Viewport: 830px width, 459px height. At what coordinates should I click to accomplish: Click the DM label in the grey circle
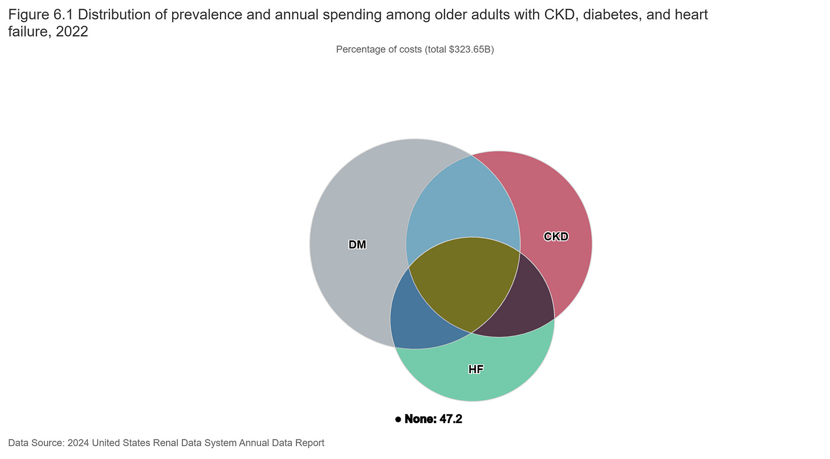click(x=357, y=245)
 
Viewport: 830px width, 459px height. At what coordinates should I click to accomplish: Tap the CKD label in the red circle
click(x=556, y=236)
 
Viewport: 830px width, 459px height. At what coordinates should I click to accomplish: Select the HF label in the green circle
click(x=476, y=370)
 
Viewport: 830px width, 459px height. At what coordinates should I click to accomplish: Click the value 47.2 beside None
click(x=451, y=420)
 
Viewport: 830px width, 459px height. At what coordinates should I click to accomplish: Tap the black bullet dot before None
click(x=398, y=420)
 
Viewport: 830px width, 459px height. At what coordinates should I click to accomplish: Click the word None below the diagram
click(x=420, y=420)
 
